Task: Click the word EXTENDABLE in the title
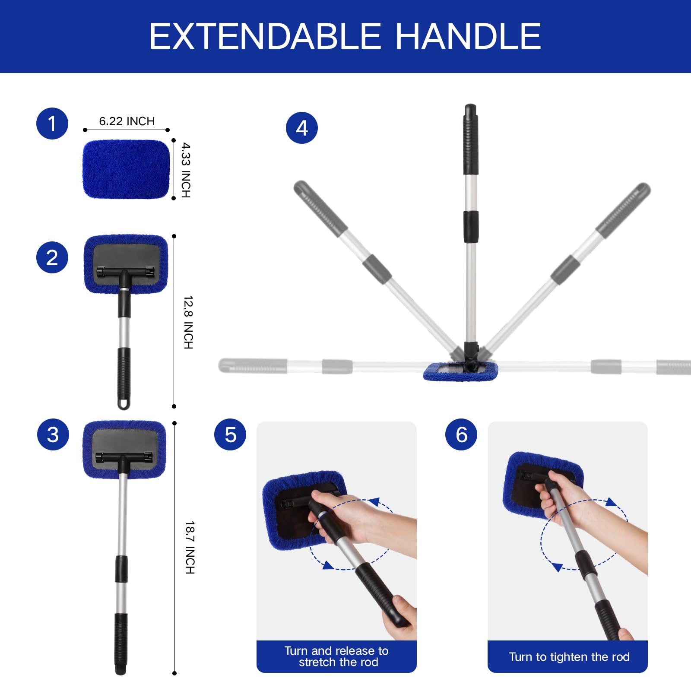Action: [x=265, y=36]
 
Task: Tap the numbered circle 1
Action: [x=52, y=124]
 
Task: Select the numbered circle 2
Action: [x=52, y=257]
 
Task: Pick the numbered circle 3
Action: [x=53, y=434]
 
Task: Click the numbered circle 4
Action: [x=302, y=128]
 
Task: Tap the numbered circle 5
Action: [x=230, y=434]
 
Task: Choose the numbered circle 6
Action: [x=461, y=434]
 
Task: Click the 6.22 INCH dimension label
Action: [x=127, y=121]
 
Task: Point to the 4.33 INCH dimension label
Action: [x=186, y=170]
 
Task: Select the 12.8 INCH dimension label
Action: [x=188, y=322]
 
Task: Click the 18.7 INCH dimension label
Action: [x=190, y=547]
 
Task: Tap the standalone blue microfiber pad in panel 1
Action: [x=126, y=169]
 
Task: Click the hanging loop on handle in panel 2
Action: [x=124, y=404]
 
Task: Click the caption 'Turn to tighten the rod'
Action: [x=569, y=657]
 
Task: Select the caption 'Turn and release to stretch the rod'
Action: [x=337, y=656]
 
